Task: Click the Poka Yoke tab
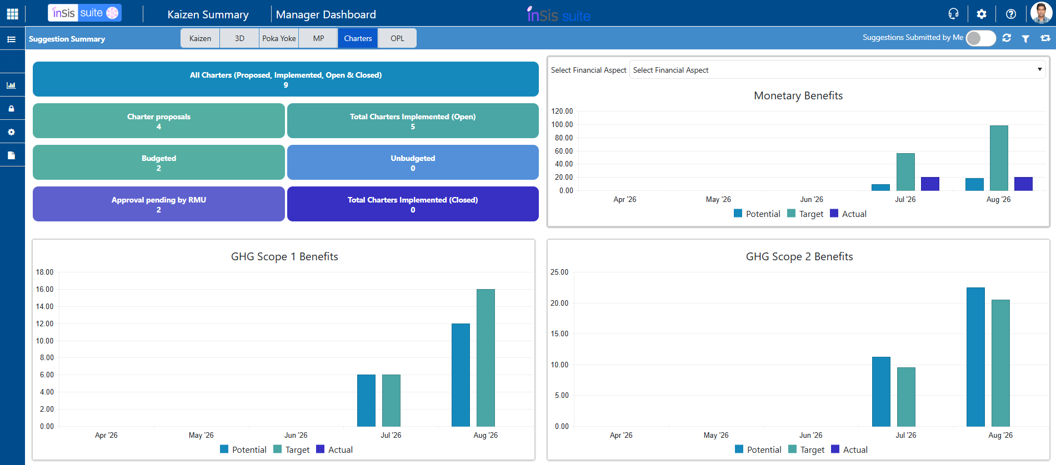pos(279,38)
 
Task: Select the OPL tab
pos(397,38)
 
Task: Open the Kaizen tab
pos(200,38)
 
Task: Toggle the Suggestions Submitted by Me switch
pos(980,38)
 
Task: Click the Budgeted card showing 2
pos(159,163)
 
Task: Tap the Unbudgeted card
pos(413,163)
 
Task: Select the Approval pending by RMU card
pos(159,204)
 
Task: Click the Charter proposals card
pos(159,121)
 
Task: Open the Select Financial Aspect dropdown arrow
pos(1039,69)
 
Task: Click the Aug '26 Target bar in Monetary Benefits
pos(999,158)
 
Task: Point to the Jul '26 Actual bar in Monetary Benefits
pos(930,184)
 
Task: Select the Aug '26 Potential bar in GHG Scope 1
pos(461,375)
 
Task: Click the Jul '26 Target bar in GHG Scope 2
pos(906,397)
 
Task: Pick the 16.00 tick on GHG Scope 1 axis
pos(45,289)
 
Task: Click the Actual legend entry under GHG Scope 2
pos(849,449)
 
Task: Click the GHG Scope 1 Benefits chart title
pos(284,256)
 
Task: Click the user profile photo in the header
pos(1040,13)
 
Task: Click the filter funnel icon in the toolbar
pos(1025,38)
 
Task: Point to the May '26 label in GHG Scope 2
pos(716,435)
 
